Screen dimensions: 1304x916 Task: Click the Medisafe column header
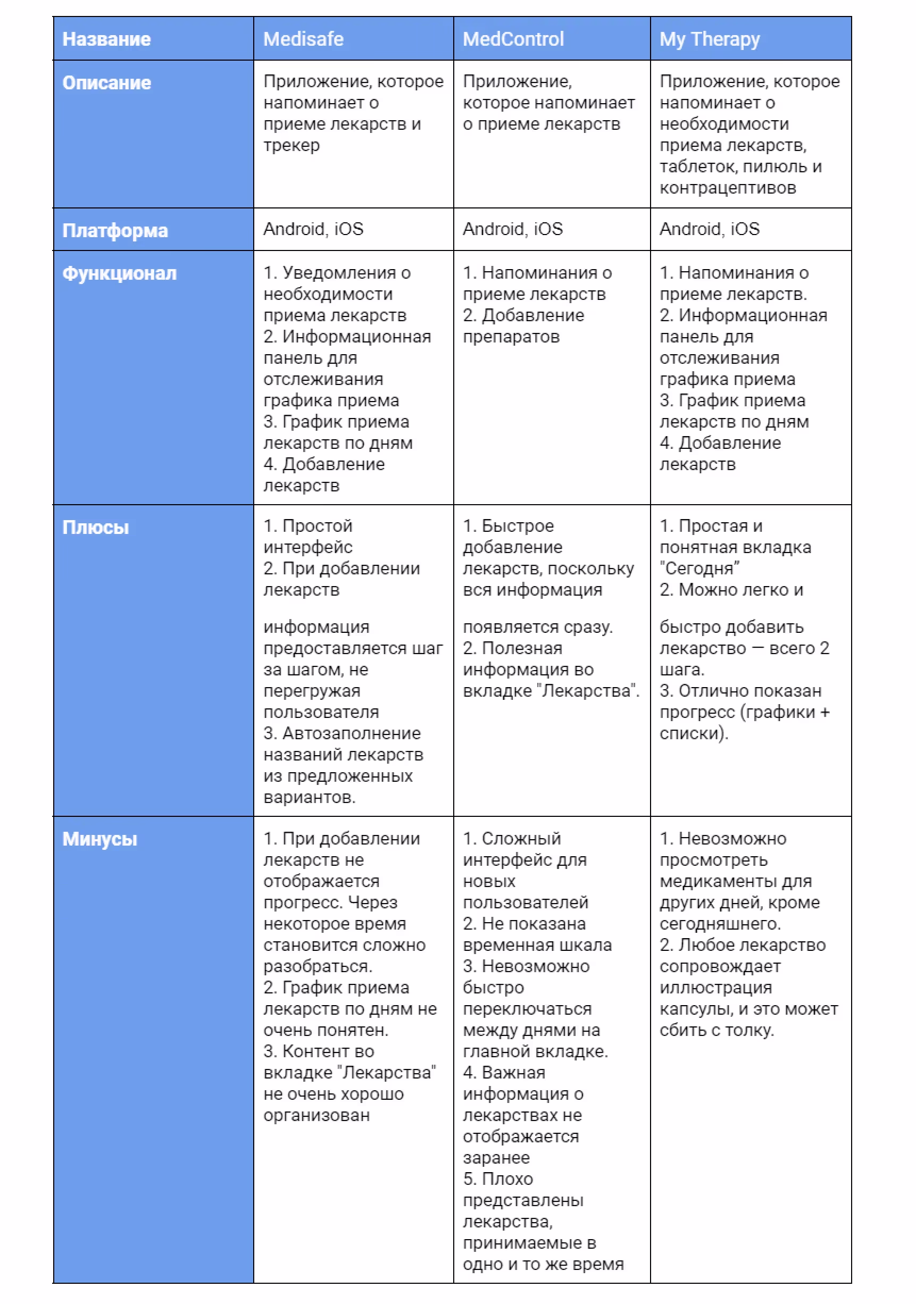click(303, 39)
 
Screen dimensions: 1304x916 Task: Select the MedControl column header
click(513, 39)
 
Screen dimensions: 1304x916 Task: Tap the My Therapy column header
click(709, 39)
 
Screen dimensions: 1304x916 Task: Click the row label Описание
click(107, 83)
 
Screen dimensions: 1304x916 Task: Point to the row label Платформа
click(115, 231)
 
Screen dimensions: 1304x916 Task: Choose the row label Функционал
click(119, 273)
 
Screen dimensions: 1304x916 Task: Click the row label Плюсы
click(95, 527)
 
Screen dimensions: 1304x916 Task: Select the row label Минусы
click(100, 839)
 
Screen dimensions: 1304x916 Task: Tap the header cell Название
click(106, 39)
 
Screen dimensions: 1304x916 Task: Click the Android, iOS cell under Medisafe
click(313, 229)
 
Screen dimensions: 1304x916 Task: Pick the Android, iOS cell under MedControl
click(513, 229)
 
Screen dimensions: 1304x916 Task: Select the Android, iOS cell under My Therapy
click(709, 229)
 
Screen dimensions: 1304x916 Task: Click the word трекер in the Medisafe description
click(292, 145)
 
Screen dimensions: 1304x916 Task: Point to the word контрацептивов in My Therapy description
click(727, 188)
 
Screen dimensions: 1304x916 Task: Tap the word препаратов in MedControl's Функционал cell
click(511, 337)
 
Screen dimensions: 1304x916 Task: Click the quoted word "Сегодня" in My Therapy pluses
click(699, 569)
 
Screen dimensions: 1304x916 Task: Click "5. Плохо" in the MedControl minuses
click(498, 1179)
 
